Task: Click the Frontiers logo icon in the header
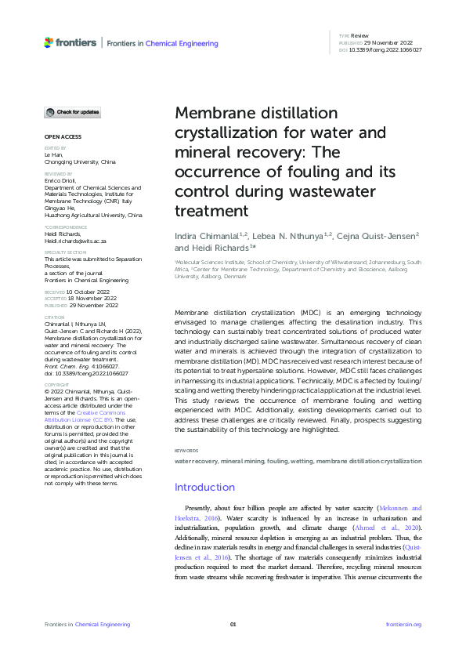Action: tap(49, 42)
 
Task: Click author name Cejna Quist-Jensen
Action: tap(380, 234)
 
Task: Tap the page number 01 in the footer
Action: tap(233, 624)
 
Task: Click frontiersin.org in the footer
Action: tap(403, 624)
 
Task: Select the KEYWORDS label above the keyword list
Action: tap(186, 450)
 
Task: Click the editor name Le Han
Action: tap(52, 155)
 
